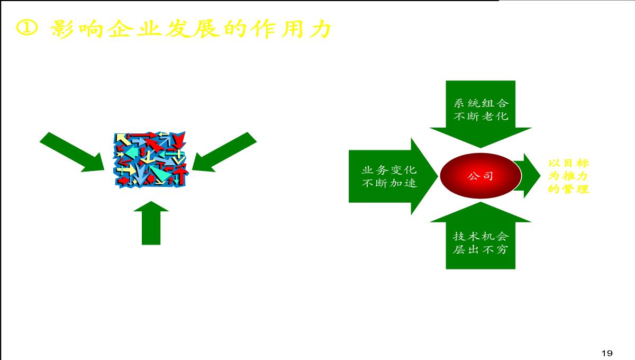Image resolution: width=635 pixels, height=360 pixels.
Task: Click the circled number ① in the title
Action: [26, 28]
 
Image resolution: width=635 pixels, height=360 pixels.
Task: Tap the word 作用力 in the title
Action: [292, 29]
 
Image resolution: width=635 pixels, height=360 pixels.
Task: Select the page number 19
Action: [607, 353]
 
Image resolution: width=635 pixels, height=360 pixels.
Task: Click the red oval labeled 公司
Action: [480, 176]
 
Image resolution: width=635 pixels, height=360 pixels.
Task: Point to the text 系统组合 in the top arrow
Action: [481, 103]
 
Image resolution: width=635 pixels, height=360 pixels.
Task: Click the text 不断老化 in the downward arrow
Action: [481, 116]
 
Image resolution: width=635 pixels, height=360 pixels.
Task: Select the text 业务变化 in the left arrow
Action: [389, 170]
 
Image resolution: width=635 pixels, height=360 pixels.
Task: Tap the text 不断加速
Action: [389, 183]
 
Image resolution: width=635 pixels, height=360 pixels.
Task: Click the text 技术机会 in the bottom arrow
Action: [481, 236]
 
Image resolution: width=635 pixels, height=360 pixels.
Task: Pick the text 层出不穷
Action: [481, 249]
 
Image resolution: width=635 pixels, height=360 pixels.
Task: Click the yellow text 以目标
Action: [569, 163]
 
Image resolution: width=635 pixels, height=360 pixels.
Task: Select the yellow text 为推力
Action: [568, 176]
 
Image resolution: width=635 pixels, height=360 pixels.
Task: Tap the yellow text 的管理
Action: [569, 189]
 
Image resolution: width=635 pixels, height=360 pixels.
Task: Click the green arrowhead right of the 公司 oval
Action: [530, 176]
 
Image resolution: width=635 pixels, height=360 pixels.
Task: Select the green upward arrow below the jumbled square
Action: [151, 223]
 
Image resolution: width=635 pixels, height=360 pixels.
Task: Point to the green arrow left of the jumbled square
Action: [72, 152]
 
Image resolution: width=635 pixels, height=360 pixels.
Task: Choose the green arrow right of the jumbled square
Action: [224, 152]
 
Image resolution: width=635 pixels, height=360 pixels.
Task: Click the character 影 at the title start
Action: [62, 29]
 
